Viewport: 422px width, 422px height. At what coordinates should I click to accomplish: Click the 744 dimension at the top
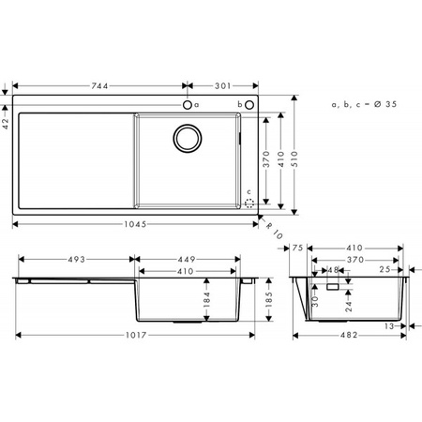pos(98,85)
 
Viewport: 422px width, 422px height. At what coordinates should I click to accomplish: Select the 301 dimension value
pos(220,85)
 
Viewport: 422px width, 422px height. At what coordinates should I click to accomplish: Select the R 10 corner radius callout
pos(274,227)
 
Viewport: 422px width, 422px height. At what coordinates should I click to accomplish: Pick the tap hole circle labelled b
pos(250,104)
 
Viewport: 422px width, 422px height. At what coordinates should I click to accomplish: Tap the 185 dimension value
pos(269,299)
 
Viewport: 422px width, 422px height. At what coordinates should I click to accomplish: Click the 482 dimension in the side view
pos(350,335)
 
